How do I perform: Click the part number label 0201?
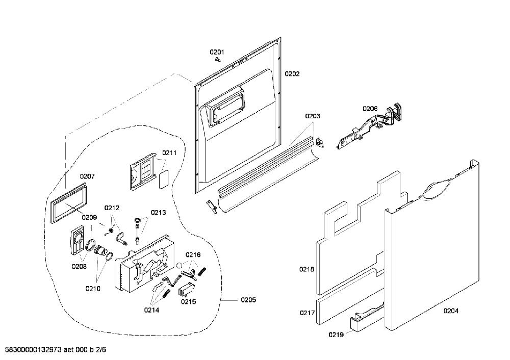click(217, 52)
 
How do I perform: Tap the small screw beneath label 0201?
click(218, 60)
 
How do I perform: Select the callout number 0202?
click(292, 74)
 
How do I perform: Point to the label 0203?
click(312, 116)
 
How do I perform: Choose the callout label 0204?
click(451, 311)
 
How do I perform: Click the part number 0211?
click(169, 152)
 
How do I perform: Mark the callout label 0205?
click(248, 300)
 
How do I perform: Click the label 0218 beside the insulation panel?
click(307, 269)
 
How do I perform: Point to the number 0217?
click(307, 313)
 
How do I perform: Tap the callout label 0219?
click(336, 335)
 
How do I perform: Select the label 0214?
click(151, 310)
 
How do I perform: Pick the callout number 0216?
click(193, 254)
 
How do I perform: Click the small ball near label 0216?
click(179, 265)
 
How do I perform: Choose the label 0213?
click(158, 213)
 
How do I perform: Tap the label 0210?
click(93, 289)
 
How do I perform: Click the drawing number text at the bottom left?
click(54, 350)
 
